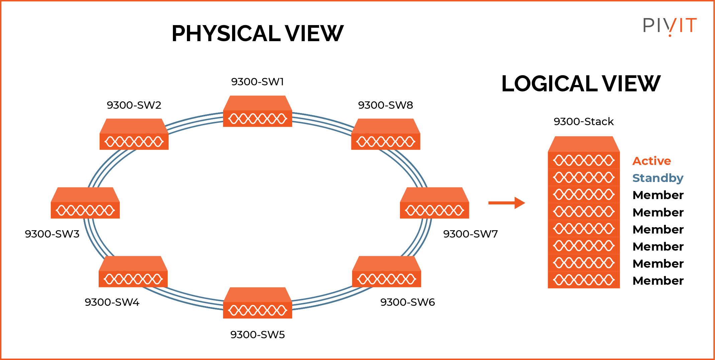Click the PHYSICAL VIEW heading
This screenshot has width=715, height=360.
pyautogui.click(x=257, y=33)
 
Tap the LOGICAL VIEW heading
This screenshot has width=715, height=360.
pyautogui.click(x=581, y=84)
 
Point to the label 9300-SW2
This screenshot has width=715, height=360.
pyautogui.click(x=134, y=105)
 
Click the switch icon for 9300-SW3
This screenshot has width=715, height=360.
pyautogui.click(x=85, y=203)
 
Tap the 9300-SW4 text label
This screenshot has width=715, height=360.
pyautogui.click(x=112, y=302)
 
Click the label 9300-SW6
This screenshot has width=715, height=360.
pyautogui.click(x=407, y=302)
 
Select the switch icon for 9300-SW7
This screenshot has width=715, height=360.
pyautogui.click(x=434, y=203)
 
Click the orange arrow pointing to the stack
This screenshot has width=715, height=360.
pyautogui.click(x=506, y=203)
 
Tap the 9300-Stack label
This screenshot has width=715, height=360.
pyautogui.click(x=584, y=121)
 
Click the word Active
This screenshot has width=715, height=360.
pyautogui.click(x=651, y=161)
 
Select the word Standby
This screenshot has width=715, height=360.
pyautogui.click(x=657, y=178)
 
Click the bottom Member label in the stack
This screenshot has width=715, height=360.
pyautogui.click(x=658, y=281)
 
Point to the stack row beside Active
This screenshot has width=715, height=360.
pyautogui.click(x=584, y=161)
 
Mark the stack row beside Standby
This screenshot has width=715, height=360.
pyautogui.click(x=584, y=177)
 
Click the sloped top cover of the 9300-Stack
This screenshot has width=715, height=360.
pyautogui.click(x=584, y=144)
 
